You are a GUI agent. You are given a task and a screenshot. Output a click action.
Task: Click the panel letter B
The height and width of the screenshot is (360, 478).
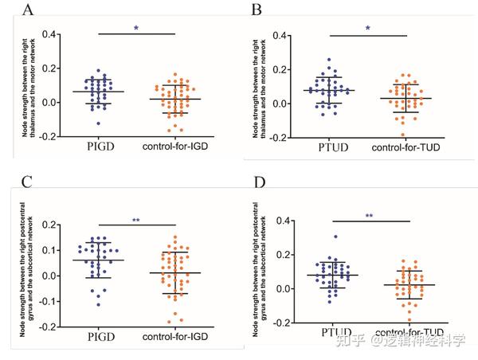click(257, 10)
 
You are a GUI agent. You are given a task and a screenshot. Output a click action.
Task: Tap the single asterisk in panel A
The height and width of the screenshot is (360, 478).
click(136, 29)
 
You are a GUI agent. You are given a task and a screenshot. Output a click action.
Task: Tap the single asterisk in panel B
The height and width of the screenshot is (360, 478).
click(367, 29)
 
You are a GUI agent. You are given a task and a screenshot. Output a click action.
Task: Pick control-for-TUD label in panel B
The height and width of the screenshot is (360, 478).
click(406, 149)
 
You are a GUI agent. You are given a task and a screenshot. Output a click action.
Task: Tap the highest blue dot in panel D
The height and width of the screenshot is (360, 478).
click(313, 237)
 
